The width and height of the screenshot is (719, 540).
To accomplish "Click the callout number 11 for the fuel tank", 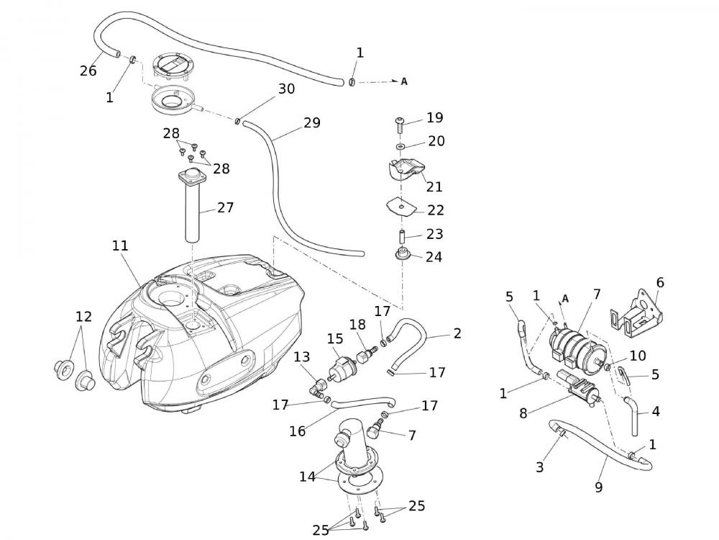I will [120, 246].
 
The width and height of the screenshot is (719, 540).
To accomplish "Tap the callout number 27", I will [226, 207].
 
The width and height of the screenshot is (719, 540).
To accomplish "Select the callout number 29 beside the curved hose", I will [311, 123].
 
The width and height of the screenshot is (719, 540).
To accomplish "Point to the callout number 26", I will [88, 71].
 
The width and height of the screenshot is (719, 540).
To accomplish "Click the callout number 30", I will [286, 89].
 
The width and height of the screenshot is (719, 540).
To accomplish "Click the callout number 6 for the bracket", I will [660, 282].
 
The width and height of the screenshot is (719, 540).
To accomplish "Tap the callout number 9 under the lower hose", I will [598, 487].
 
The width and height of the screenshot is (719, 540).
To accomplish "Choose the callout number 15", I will [335, 338].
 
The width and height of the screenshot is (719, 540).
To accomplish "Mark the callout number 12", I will [84, 316].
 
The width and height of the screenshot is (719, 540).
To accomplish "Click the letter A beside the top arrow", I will [404, 81].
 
